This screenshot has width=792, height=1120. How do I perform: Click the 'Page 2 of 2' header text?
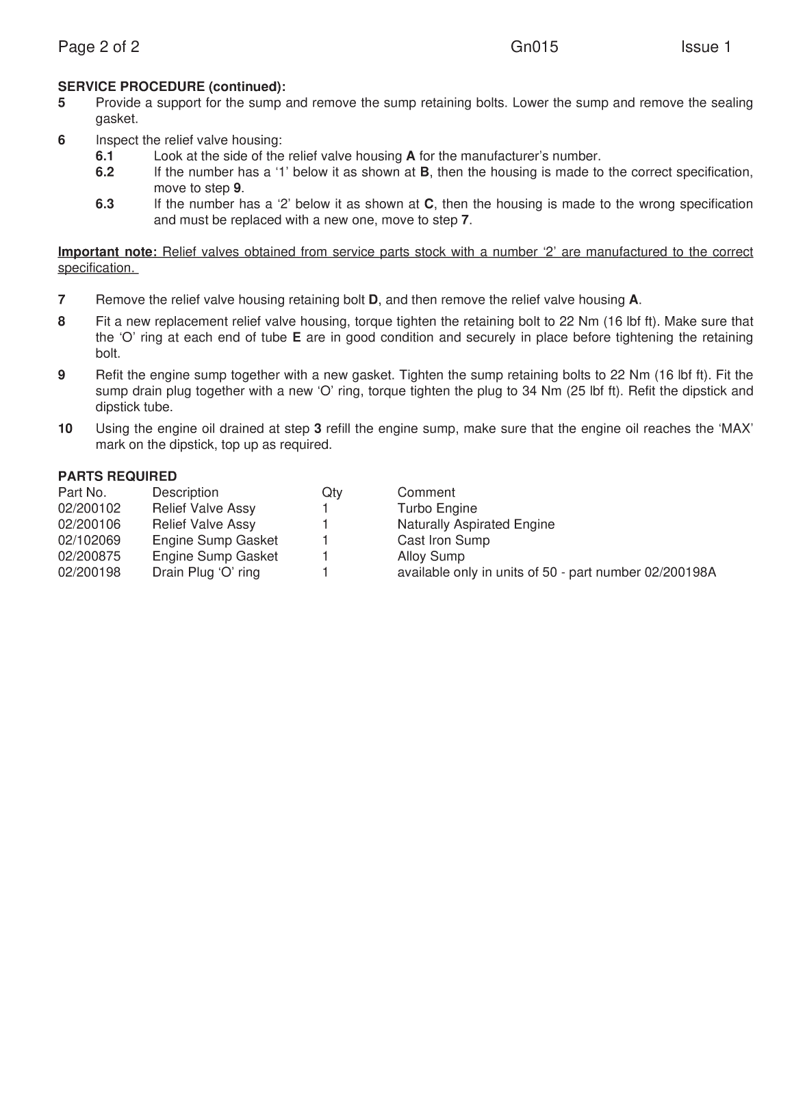[x=99, y=47]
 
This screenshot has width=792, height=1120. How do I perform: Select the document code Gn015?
[x=534, y=47]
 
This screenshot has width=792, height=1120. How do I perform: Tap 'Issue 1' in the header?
[x=705, y=47]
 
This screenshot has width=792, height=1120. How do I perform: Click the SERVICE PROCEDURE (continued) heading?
[x=171, y=87]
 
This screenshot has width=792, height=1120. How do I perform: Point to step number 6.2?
[x=105, y=172]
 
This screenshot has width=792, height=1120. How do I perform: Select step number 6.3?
[x=105, y=205]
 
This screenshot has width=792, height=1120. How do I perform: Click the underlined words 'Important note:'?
[x=107, y=252]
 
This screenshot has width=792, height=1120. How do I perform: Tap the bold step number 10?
[x=65, y=429]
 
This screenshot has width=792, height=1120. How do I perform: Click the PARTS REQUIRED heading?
[x=117, y=476]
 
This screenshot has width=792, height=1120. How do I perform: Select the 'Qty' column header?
[x=332, y=493]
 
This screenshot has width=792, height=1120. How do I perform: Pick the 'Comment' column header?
[x=426, y=493]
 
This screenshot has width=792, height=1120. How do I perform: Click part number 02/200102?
[x=89, y=508]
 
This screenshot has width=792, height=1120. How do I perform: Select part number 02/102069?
[x=89, y=541]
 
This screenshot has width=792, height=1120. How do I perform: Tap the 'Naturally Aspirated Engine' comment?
[x=476, y=525]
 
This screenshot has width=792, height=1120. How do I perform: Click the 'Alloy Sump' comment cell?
[x=431, y=557]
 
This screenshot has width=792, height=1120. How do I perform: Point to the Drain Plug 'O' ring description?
[x=205, y=573]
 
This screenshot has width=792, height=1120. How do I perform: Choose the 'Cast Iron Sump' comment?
[x=443, y=541]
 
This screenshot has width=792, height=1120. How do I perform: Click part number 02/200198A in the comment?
[x=680, y=573]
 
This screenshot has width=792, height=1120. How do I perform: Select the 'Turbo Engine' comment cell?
[x=437, y=508]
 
